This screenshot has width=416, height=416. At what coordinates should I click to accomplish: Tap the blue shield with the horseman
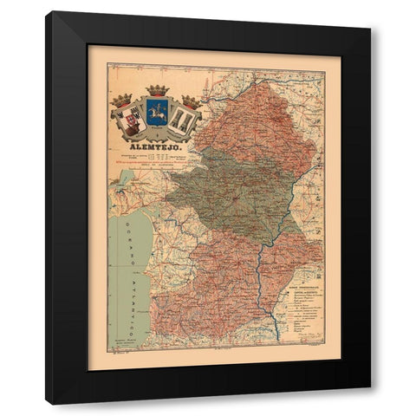157,113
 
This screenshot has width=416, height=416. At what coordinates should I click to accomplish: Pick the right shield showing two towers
185,118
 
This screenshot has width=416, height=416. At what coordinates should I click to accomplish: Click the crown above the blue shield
157,90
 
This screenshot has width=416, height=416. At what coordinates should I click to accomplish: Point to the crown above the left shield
120,101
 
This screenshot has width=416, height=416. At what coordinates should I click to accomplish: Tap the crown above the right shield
192,101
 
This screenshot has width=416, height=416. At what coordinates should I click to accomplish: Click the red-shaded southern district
225,286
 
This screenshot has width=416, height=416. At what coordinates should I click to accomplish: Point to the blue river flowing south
265,286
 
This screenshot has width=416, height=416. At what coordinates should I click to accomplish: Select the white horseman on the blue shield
157,112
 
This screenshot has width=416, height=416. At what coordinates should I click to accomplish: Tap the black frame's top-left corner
48,13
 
